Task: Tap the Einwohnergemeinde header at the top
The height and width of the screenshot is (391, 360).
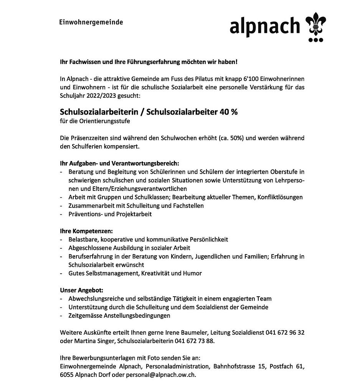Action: coord(91,22)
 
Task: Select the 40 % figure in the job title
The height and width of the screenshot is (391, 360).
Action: coord(229,112)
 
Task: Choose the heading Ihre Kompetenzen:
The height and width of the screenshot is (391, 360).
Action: coord(86,231)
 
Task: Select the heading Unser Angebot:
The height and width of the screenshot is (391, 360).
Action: coord(82,290)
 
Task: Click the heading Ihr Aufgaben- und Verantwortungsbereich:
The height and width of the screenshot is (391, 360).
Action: coord(119,164)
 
